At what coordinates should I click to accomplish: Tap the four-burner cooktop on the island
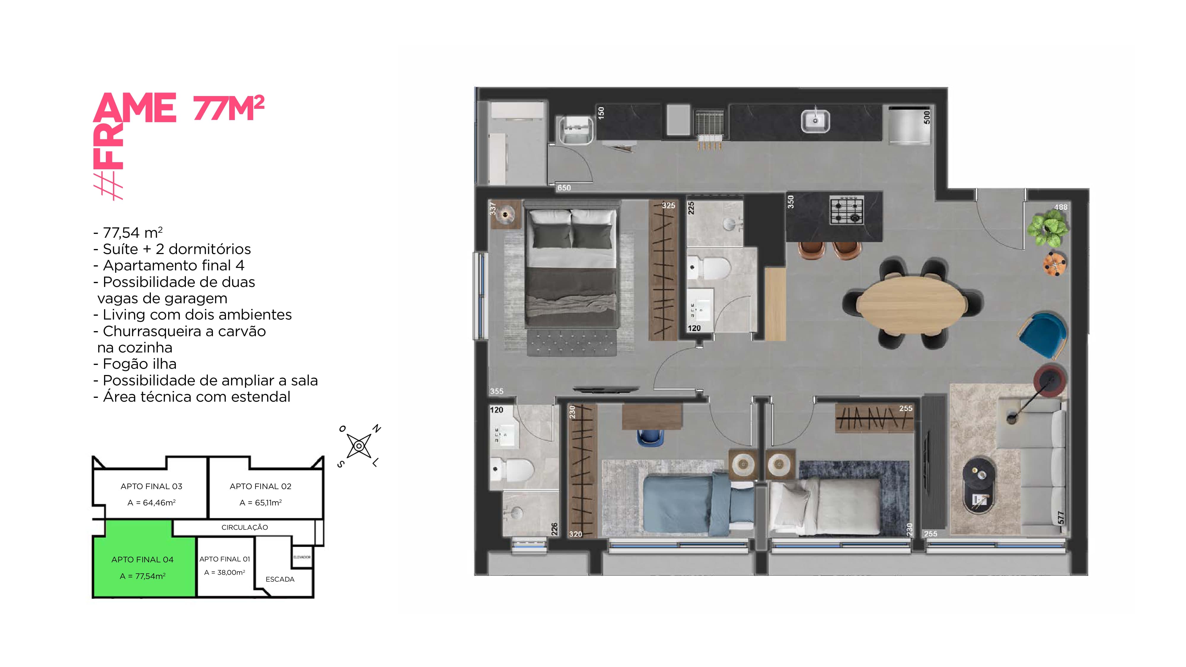point(847,210)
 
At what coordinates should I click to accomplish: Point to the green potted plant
point(1048,229)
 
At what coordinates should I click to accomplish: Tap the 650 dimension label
point(564,188)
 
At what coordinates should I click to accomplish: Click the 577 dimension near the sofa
point(1061,517)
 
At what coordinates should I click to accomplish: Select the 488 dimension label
point(1061,207)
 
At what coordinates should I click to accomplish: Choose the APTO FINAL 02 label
point(261,486)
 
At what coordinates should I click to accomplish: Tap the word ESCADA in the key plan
point(280,579)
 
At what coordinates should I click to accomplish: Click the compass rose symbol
point(359,446)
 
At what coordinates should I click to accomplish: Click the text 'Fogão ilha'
point(139,364)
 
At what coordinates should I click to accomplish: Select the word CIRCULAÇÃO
point(245,527)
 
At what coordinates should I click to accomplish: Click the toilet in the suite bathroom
point(708,268)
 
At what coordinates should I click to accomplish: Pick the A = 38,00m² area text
point(225,572)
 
